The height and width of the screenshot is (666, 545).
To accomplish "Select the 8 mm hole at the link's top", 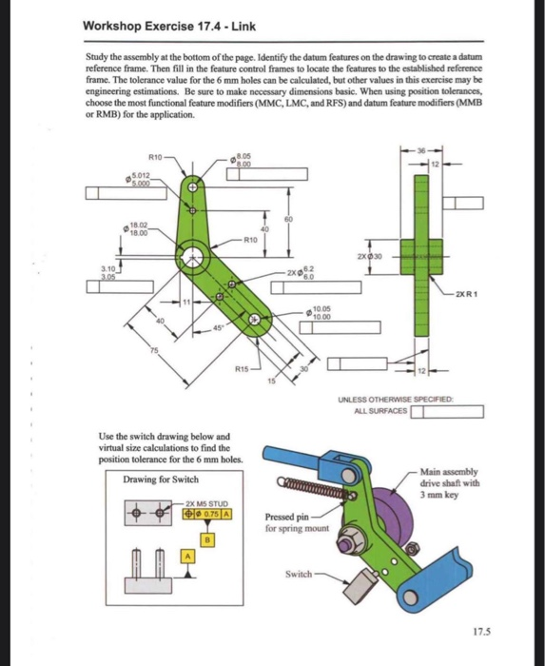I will [193, 188].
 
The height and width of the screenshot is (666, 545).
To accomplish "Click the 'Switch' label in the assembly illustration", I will [299, 575].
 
